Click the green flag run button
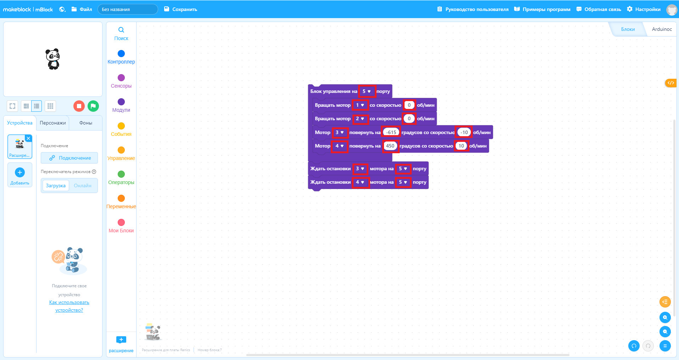93,106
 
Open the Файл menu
82,9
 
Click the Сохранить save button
181,9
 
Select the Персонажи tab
53,123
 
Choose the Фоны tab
86,123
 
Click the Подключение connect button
69,158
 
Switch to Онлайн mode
83,185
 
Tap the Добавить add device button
20,175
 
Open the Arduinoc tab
662,29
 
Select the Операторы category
121,177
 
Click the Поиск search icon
121,30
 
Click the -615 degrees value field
391,132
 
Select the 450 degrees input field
390,146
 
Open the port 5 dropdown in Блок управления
367,91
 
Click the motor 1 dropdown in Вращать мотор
360,105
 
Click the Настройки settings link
644,9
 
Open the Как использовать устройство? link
69,306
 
